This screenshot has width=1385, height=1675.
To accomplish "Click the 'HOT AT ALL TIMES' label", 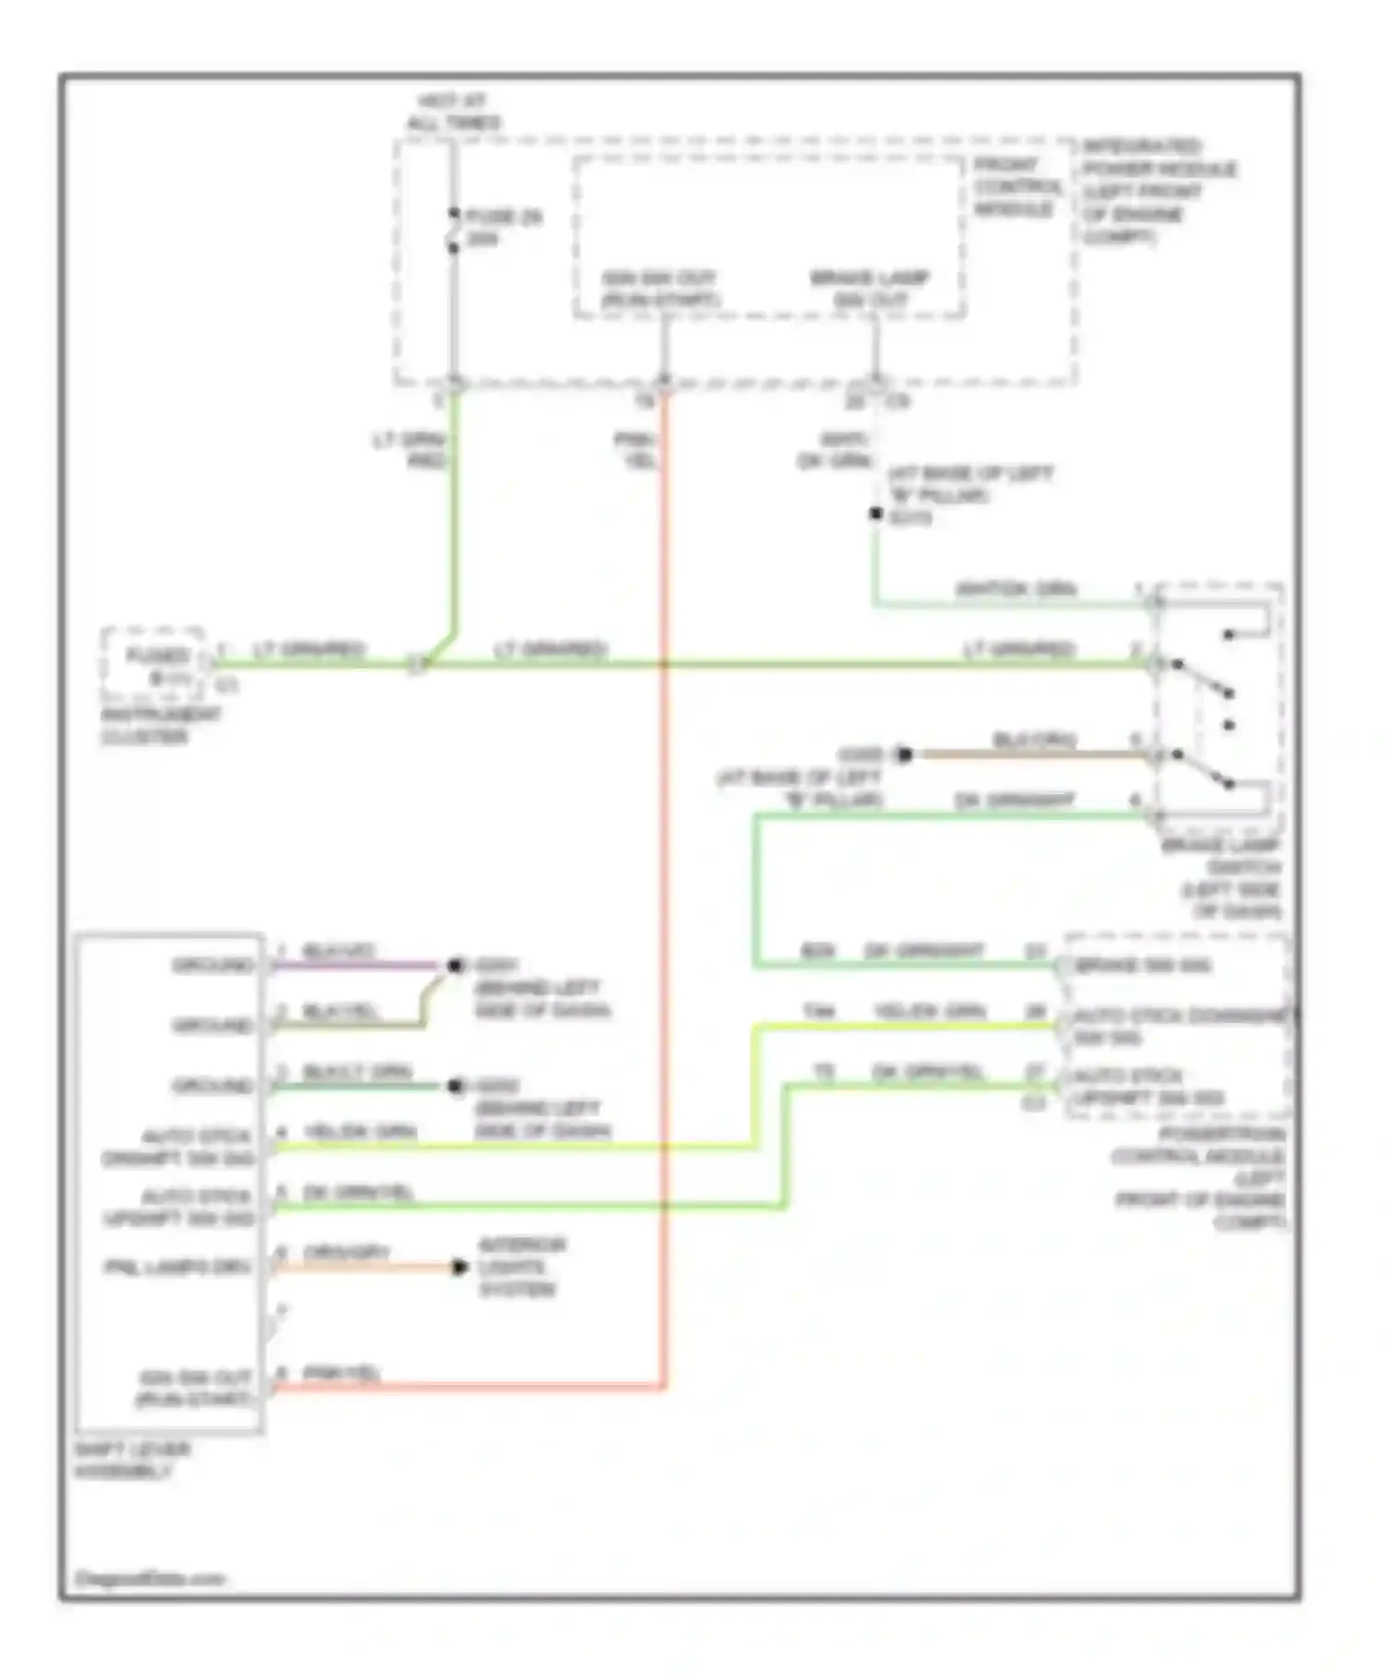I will click(x=454, y=112).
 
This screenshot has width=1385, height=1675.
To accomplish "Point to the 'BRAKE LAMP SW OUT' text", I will click(x=870, y=288).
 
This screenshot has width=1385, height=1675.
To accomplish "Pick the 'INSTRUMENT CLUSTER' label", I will click(x=161, y=726).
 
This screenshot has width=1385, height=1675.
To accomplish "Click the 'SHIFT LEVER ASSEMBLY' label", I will click(x=132, y=1460).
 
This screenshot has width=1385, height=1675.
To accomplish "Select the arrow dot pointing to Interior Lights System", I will click(x=460, y=1267).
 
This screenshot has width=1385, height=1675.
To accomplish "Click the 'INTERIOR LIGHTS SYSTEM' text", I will click(x=521, y=1267).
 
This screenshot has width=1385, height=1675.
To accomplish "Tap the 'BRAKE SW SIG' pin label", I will click(x=1143, y=966).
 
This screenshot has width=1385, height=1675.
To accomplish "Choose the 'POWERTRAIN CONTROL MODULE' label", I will click(x=1198, y=1178).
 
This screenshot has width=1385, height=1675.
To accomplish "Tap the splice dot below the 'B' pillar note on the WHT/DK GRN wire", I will click(x=875, y=514).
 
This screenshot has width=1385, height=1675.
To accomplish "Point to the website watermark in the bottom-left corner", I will click(x=149, y=1579).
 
